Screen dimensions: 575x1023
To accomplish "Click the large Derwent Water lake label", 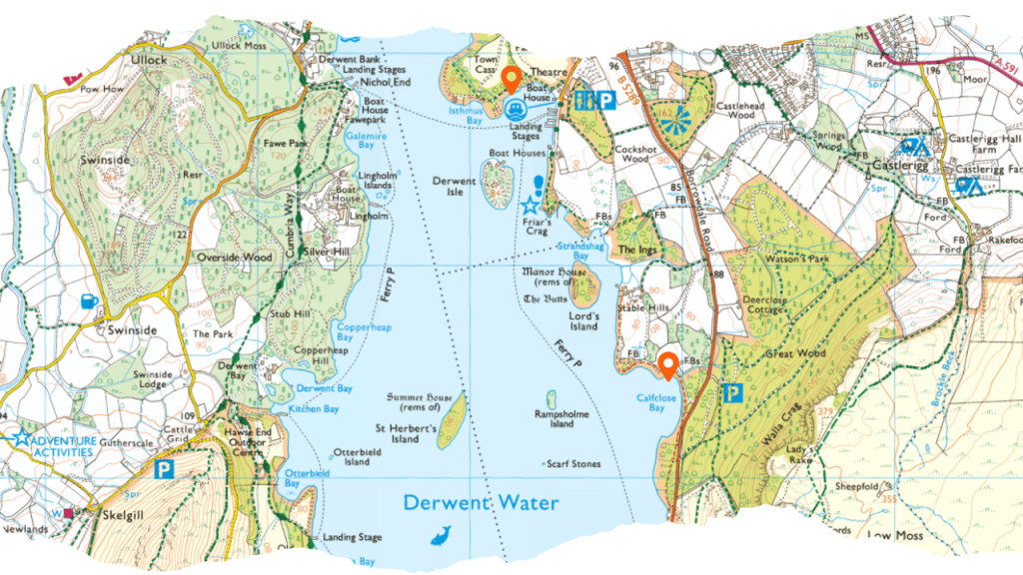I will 481,502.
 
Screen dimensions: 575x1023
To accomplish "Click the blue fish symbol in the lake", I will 440,536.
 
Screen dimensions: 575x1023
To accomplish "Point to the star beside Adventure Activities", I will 20,437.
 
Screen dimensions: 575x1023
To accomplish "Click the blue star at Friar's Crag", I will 529,205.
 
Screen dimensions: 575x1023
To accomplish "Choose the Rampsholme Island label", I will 561,418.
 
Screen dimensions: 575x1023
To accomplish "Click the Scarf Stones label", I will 573,464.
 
